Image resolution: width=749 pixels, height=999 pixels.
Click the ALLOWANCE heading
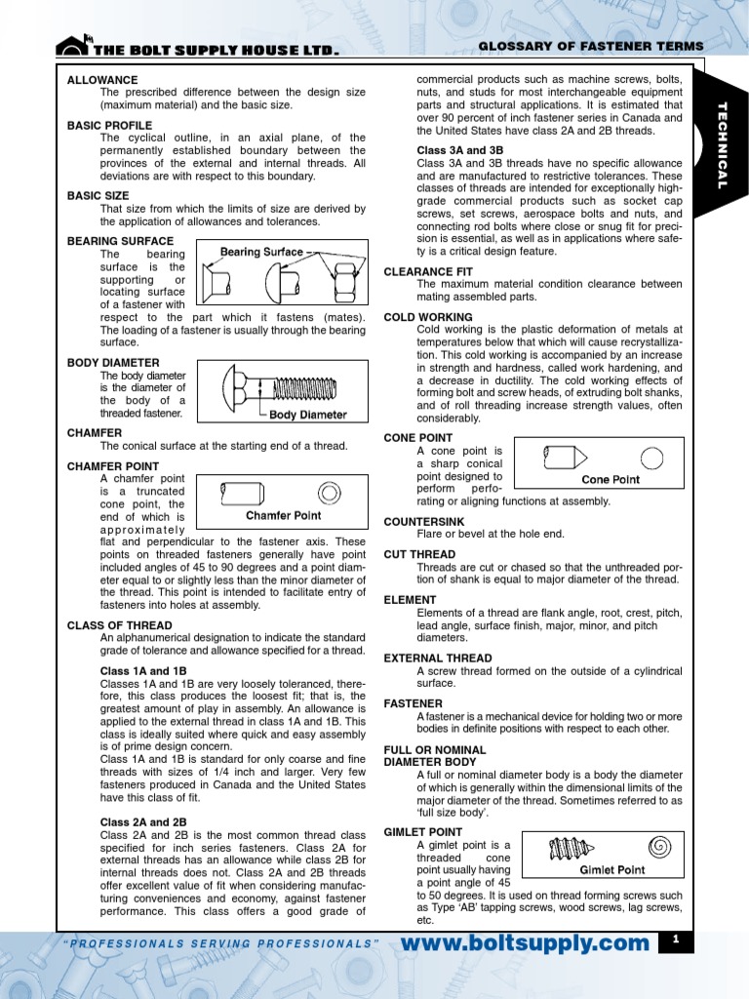102,80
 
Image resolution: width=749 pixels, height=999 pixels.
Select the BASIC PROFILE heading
109,125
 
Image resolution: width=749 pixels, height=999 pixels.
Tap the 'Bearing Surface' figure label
260,252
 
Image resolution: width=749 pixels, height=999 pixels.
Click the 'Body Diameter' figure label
308,414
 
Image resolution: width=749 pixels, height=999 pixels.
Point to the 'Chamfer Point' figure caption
283,515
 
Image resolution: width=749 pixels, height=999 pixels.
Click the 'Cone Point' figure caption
611,479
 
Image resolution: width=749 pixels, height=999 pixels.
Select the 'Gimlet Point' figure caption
612,869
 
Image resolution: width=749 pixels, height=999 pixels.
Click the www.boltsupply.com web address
525,942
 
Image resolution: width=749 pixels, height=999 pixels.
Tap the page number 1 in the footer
674,939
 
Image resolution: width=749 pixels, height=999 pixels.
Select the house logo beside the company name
73,45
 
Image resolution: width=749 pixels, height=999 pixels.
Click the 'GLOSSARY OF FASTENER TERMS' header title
590,47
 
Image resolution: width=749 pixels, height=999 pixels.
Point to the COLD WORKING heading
428,317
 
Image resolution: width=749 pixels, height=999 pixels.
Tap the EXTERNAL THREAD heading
438,659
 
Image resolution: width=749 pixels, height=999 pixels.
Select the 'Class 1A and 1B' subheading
143,671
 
